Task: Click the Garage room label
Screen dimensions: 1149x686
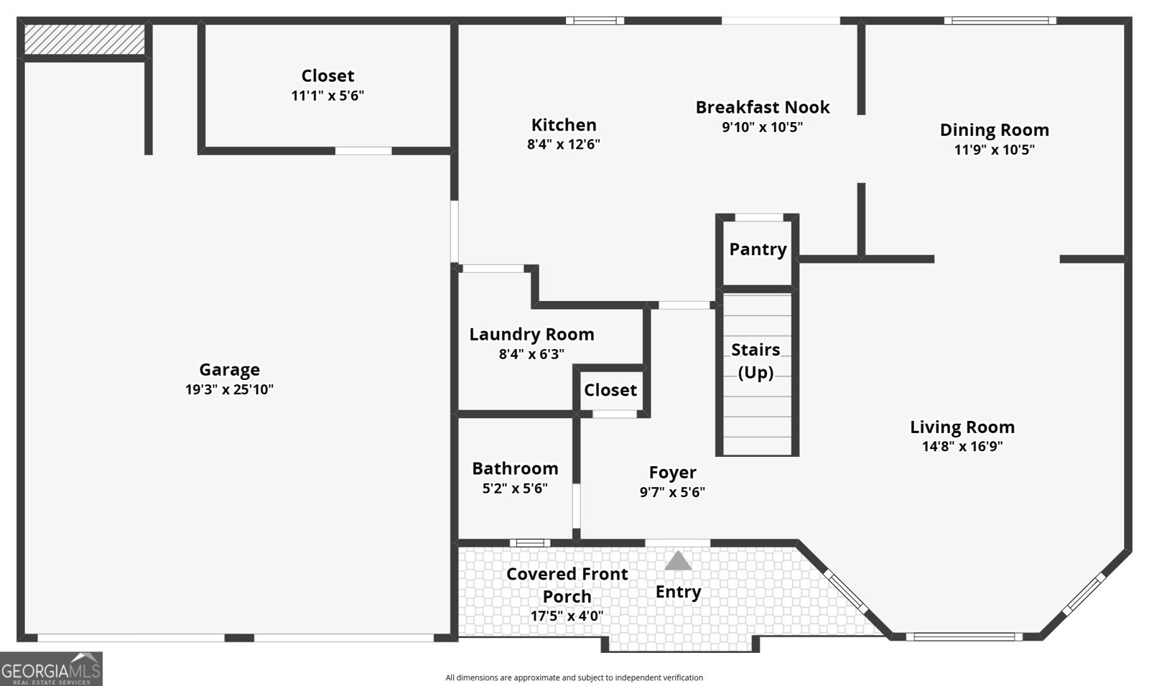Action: click(229, 369)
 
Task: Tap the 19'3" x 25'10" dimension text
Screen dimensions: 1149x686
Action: click(229, 389)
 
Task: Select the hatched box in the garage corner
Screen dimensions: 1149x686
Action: click(85, 39)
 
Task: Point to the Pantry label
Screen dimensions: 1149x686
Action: click(758, 249)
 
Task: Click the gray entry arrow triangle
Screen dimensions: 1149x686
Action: click(678, 561)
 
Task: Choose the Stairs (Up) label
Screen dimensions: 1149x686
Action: click(755, 361)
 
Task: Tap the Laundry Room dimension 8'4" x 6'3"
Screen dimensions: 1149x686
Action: click(531, 354)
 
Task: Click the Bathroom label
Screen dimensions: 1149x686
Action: click(515, 468)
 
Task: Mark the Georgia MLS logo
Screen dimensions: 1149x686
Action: click(51, 669)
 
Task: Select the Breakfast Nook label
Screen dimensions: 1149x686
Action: click(762, 107)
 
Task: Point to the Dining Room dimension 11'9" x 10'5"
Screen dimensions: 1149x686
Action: click(994, 150)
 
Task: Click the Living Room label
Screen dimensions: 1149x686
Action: click(962, 427)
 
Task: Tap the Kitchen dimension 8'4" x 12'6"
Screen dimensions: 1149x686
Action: click(564, 144)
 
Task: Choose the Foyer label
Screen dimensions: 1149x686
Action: click(672, 473)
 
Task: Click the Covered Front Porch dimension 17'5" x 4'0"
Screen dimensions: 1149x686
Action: click(567, 616)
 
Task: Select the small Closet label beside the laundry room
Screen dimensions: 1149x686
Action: click(610, 390)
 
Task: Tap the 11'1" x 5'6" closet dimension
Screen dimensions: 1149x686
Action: click(327, 96)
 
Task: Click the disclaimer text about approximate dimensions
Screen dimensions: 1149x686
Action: click(574, 678)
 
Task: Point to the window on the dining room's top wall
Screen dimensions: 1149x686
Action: click(1000, 21)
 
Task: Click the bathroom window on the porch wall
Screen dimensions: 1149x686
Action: click(530, 543)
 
